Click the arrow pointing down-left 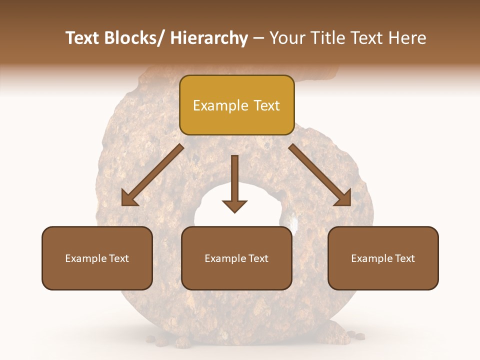point(152,175)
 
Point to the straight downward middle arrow point(234,185)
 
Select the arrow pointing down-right point(320,175)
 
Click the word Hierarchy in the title point(209,38)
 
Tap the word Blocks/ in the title point(131,38)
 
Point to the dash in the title point(258,38)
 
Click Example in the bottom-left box point(85,258)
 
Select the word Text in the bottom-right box point(404,258)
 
